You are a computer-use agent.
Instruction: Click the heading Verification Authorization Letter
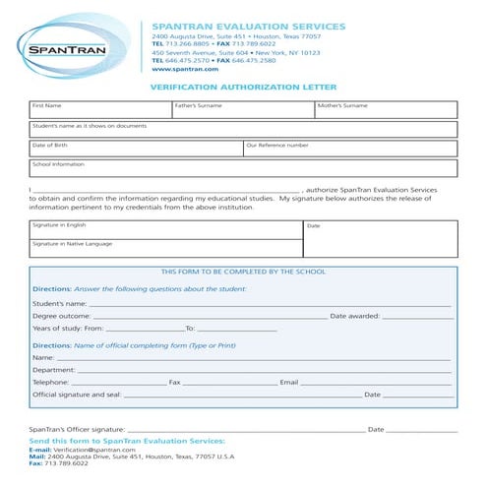[243, 87]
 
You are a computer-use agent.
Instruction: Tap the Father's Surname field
[243, 109]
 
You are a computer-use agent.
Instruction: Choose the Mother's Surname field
[386, 109]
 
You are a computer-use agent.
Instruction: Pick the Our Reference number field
[350, 149]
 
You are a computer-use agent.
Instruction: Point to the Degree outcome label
[61, 317]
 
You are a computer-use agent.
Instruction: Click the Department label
[54, 371]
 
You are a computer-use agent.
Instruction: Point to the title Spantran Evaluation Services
[248, 27]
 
